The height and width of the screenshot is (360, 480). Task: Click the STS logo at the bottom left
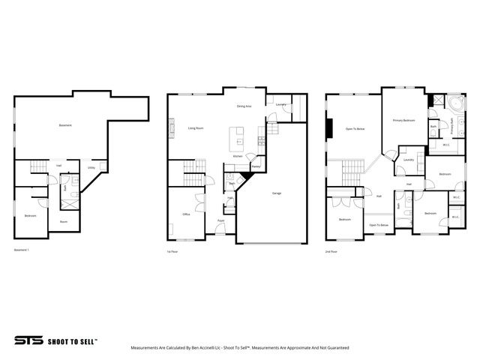click(28, 340)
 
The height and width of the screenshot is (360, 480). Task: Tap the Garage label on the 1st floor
click(277, 193)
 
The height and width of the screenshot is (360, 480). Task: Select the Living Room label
click(196, 128)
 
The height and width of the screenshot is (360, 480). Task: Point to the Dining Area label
click(244, 106)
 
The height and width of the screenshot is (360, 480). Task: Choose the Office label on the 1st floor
click(185, 214)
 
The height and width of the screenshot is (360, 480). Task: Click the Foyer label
click(221, 221)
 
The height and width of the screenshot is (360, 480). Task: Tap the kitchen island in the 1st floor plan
click(237, 137)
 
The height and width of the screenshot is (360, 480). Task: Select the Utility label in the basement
click(91, 169)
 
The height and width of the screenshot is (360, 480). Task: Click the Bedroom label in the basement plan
click(30, 215)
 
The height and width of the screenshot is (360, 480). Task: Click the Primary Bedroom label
click(403, 120)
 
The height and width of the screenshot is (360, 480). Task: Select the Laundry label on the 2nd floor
click(409, 159)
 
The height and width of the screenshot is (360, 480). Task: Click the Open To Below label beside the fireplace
click(355, 129)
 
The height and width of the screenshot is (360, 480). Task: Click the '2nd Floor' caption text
click(331, 251)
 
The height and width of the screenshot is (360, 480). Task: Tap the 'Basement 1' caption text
click(22, 249)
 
